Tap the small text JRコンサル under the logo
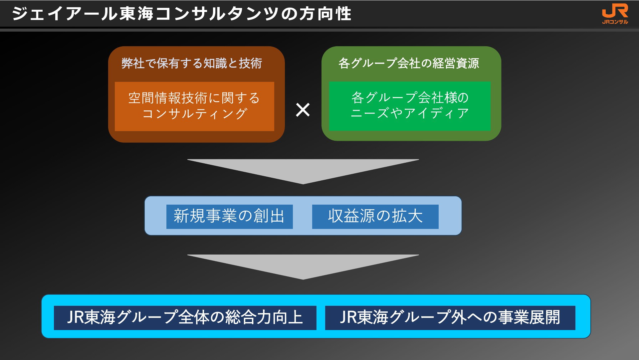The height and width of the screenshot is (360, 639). (615, 22)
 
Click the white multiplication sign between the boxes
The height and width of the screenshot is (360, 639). (303, 109)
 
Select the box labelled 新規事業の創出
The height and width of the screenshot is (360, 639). (229, 217)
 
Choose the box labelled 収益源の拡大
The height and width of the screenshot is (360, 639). (375, 217)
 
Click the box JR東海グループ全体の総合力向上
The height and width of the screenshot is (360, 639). (185, 318)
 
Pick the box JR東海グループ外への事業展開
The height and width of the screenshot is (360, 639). (450, 318)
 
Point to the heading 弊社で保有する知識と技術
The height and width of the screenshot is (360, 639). (192, 63)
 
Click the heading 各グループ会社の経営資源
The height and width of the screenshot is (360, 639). (409, 63)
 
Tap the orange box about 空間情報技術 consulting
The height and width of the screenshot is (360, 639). (194, 106)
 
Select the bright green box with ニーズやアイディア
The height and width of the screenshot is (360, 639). (410, 106)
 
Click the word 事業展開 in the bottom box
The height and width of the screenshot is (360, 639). (530, 317)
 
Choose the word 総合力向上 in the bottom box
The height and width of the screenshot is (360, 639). (264, 317)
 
